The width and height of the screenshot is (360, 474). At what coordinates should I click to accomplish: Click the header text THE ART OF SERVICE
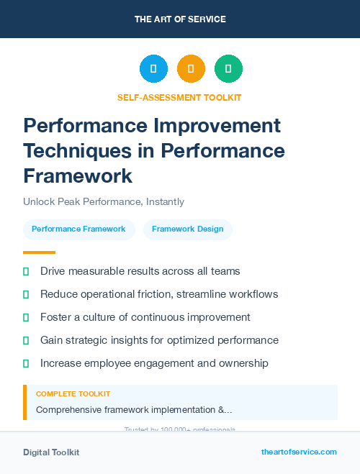(x=180, y=19)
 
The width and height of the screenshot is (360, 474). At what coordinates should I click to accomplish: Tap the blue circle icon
(x=153, y=69)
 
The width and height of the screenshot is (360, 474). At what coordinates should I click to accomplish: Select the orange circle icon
(x=191, y=69)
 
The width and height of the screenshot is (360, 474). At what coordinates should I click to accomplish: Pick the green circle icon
(x=228, y=69)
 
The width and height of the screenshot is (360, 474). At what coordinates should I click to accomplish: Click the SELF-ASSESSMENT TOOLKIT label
(x=179, y=97)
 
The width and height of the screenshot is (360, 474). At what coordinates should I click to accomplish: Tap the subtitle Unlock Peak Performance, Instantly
(x=104, y=202)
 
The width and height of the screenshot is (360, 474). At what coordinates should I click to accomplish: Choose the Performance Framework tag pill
(x=78, y=229)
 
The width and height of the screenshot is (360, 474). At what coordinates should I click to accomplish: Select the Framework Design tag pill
(x=187, y=229)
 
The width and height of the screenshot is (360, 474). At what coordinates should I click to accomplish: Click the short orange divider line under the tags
(x=39, y=252)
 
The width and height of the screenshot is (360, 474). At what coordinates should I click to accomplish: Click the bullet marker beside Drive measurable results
(x=26, y=271)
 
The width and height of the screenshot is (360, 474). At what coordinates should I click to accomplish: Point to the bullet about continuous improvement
(x=145, y=317)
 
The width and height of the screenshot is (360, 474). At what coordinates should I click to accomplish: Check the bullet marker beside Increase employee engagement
(x=26, y=363)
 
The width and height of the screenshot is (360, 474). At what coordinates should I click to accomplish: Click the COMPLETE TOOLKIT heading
(x=73, y=394)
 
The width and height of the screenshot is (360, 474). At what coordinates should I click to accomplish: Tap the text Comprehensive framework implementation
(x=134, y=410)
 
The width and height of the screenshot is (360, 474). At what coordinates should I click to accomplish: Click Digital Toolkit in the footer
(x=51, y=452)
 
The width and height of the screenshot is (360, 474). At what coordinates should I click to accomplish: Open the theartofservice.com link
(x=299, y=452)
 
